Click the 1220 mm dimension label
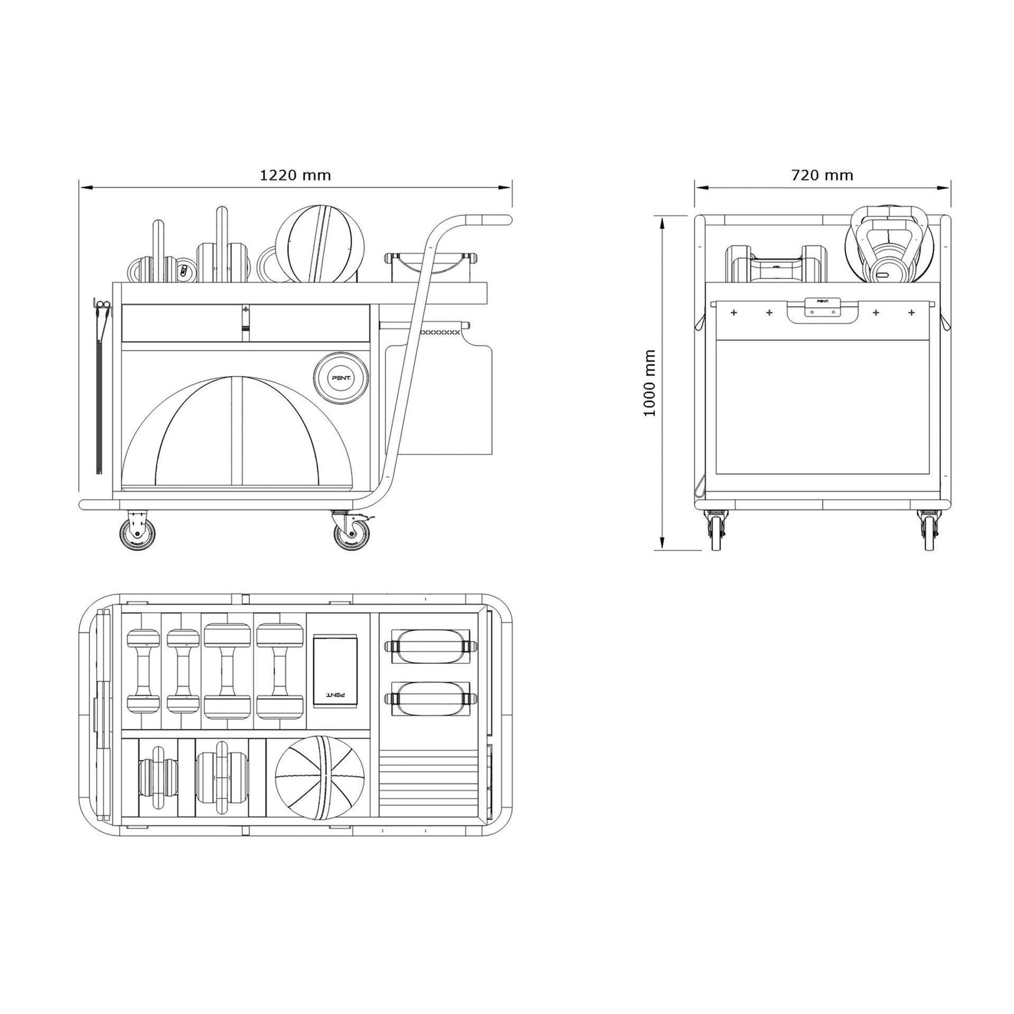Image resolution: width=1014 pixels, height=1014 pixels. [295, 175]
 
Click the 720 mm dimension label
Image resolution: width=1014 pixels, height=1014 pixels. [822, 175]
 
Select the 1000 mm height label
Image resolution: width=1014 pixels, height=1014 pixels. [650, 383]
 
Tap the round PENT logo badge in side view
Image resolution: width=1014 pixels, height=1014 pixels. [342, 377]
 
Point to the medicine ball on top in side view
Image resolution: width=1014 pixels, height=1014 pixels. [320, 243]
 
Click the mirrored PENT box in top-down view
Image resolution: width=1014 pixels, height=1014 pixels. [335, 670]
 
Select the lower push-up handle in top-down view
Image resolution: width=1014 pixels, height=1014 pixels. [430, 698]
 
